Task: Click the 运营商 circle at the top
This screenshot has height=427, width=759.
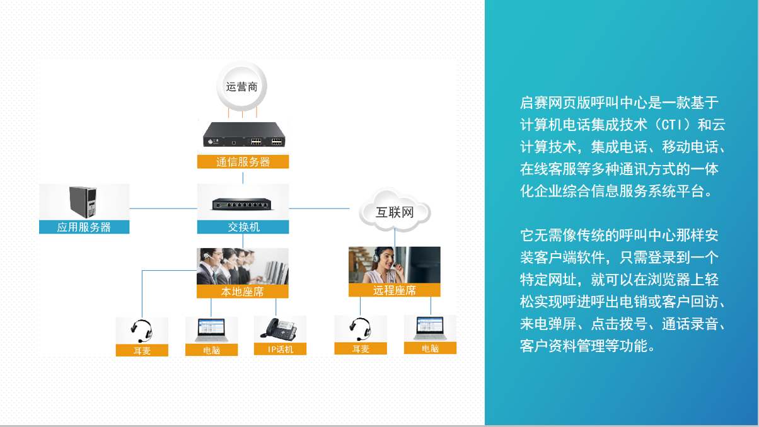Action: (x=241, y=87)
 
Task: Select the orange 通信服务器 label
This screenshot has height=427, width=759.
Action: (x=243, y=162)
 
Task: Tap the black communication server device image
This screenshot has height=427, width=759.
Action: (x=244, y=134)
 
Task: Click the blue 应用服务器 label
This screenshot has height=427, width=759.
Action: (x=84, y=227)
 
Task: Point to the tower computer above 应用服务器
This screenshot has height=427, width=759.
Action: (x=83, y=202)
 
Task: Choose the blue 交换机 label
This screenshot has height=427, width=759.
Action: (x=243, y=227)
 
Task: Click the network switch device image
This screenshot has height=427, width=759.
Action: (x=242, y=204)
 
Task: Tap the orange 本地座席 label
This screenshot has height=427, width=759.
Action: (x=243, y=292)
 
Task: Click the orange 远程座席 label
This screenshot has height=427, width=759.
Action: (x=395, y=290)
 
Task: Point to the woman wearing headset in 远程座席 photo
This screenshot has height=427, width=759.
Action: (x=385, y=265)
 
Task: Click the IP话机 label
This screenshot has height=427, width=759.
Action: (x=281, y=349)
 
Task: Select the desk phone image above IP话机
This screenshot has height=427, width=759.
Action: (x=279, y=329)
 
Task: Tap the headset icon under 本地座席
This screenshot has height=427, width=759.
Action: (x=142, y=331)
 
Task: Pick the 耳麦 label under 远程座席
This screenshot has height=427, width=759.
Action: (x=361, y=348)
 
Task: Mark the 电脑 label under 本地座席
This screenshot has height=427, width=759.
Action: (x=211, y=350)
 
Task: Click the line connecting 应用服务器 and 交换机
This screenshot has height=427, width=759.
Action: (x=163, y=208)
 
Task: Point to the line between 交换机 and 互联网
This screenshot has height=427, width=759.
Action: (x=319, y=208)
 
